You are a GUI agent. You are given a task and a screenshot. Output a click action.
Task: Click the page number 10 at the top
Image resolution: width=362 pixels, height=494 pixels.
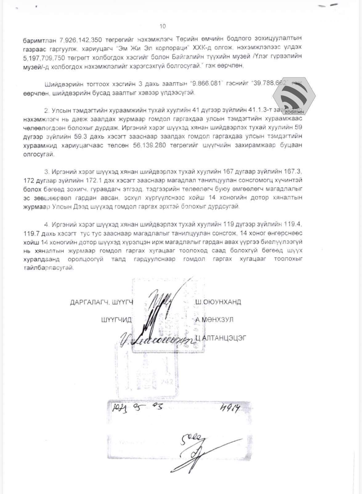click(163, 26)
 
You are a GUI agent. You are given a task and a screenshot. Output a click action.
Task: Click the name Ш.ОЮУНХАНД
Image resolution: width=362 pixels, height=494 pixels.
click(218, 302)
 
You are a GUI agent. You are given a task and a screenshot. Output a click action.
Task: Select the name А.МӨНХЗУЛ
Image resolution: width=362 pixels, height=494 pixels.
click(214, 320)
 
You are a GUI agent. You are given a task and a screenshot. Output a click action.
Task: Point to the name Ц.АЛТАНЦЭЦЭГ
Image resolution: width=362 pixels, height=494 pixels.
click(221, 338)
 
